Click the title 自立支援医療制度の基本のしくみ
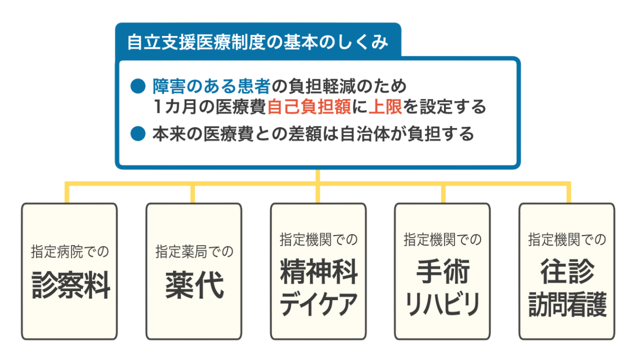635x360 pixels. click(258, 42)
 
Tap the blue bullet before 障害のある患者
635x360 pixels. click(138, 86)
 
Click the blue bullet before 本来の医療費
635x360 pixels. click(138, 133)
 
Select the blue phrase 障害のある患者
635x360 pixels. click(212, 86)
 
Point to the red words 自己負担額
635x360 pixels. click(309, 106)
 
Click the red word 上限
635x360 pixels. click(385, 106)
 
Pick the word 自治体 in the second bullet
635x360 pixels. click(365, 133)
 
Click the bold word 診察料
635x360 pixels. click(70, 285)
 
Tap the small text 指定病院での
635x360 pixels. click(70, 251)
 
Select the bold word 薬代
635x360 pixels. click(195, 285)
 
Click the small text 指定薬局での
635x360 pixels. click(194, 251)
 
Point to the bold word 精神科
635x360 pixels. click(319, 272)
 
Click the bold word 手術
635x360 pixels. click(443, 272)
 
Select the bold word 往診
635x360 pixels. click(567, 272)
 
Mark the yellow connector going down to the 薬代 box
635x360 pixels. click(193, 194)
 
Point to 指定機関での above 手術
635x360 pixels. click(442, 239)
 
